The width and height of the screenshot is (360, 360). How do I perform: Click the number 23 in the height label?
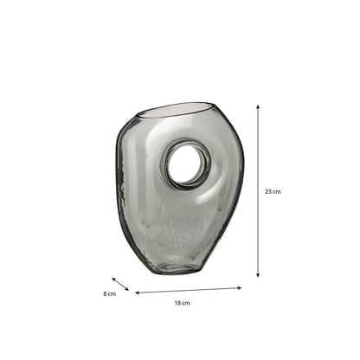[x=268, y=191]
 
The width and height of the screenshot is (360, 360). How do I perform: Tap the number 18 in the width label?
[x=177, y=303]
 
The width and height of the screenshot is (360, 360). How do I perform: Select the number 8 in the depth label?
[x=105, y=294]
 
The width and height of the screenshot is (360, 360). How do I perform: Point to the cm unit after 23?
[x=276, y=192]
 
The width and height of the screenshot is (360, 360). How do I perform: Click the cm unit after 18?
[x=186, y=303]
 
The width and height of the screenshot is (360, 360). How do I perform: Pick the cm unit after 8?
[x=112, y=294]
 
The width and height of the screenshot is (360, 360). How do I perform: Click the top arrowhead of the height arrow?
[x=258, y=106]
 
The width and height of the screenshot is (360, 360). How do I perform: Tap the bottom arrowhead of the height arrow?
[x=258, y=275]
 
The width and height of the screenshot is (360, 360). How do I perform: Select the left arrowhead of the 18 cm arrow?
[x=138, y=292]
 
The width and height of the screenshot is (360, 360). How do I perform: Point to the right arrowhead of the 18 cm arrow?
[x=239, y=288]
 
